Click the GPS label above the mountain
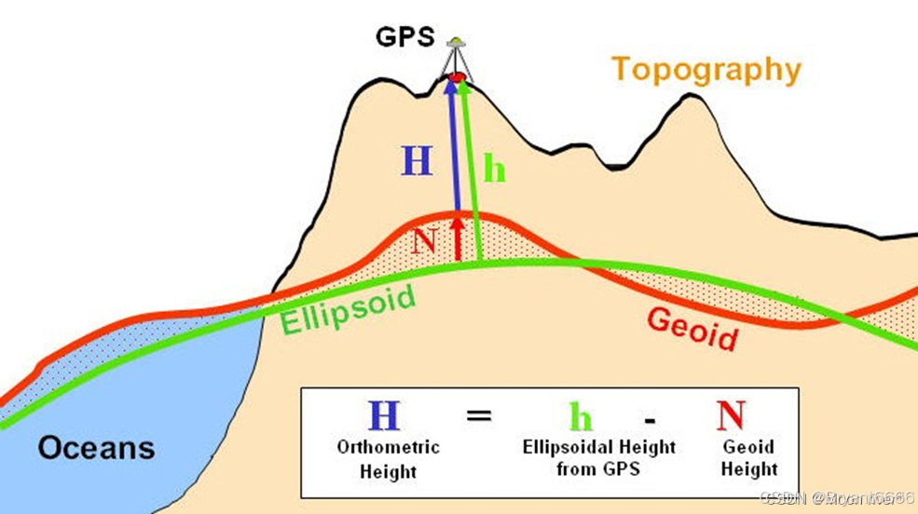(405, 37)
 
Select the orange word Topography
(706, 70)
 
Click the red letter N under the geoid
(424, 241)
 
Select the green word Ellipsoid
(349, 308)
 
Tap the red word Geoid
(692, 328)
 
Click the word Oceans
(96, 448)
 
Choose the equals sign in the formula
(478, 415)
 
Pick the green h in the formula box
(582, 416)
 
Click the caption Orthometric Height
(388, 459)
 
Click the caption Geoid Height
(749, 458)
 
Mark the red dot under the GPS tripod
(457, 76)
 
